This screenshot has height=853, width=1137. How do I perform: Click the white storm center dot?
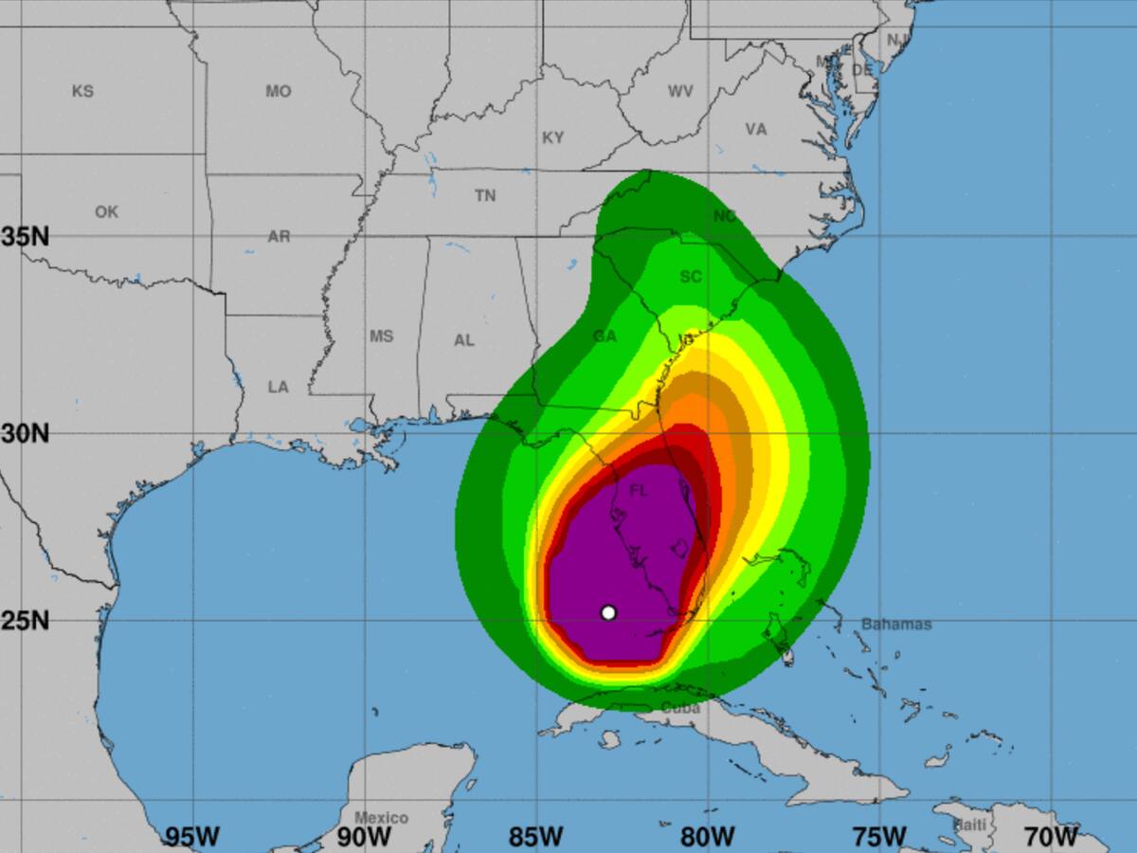608,612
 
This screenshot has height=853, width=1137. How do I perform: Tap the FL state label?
639,491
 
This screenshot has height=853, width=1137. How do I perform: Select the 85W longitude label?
536,837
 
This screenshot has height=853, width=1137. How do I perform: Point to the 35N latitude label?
26,236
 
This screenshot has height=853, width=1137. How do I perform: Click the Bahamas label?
896,625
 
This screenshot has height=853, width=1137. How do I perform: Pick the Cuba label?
680,708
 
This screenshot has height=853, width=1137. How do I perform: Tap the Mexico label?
381,818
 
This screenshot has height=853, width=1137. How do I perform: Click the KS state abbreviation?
82,92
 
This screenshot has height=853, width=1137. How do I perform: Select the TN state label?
485,196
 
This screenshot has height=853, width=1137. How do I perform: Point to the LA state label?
278,387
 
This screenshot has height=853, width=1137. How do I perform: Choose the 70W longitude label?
1051,837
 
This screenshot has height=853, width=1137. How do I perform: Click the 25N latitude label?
26,621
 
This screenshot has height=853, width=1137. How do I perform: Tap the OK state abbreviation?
106,212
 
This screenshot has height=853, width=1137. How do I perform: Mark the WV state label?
679,92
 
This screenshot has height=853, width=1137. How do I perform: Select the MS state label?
381,336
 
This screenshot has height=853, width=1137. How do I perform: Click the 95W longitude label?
192,837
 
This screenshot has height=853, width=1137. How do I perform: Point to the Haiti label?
969,826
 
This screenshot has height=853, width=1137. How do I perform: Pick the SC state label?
691,277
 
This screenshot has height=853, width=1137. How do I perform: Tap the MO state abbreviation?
279,92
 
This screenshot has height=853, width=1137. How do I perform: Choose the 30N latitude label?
26,434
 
